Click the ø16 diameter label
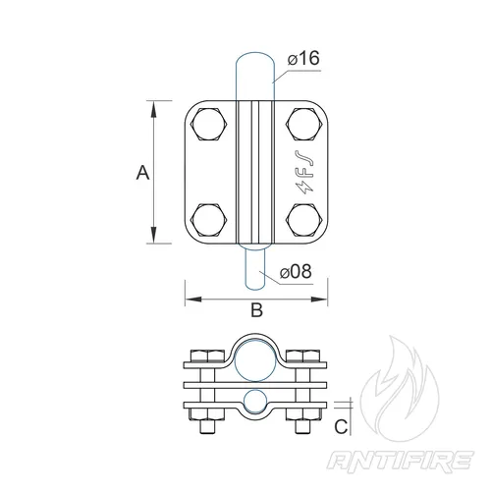303,58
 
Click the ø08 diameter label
296,272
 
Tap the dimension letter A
142,173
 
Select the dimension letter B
257,309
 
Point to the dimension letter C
341,426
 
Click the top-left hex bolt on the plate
208,125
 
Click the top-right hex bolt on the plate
303,125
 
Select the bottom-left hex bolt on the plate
208,220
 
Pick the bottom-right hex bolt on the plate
303,220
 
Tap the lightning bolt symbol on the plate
304,188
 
